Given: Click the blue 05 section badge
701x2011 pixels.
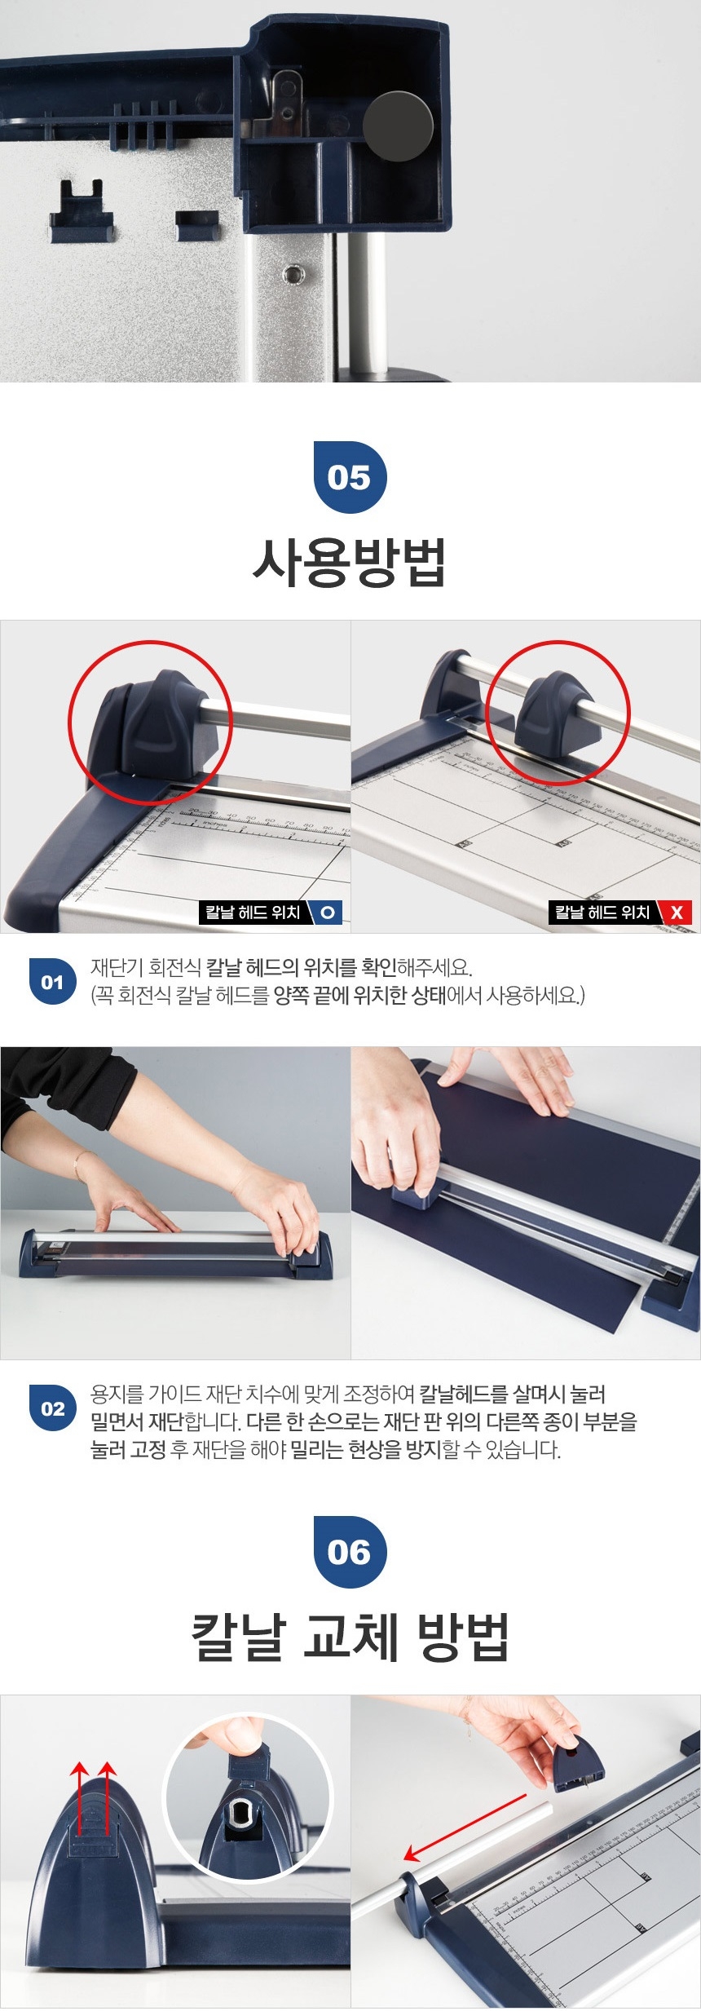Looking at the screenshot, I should pos(350,477).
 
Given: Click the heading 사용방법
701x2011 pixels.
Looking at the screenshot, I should pos(350,563).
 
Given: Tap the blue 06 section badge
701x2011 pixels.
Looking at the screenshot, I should pos(350,1552).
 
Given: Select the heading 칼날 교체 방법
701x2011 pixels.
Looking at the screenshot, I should pos(350,1638).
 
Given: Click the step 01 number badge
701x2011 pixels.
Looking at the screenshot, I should pos(52,982).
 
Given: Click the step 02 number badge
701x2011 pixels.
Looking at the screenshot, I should pos(52,1408).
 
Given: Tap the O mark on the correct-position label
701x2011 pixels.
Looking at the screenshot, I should pos(328,913).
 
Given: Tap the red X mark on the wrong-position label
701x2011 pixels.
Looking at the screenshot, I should pos(677,913).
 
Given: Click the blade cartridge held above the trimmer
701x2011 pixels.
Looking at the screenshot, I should pos(577,1764).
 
